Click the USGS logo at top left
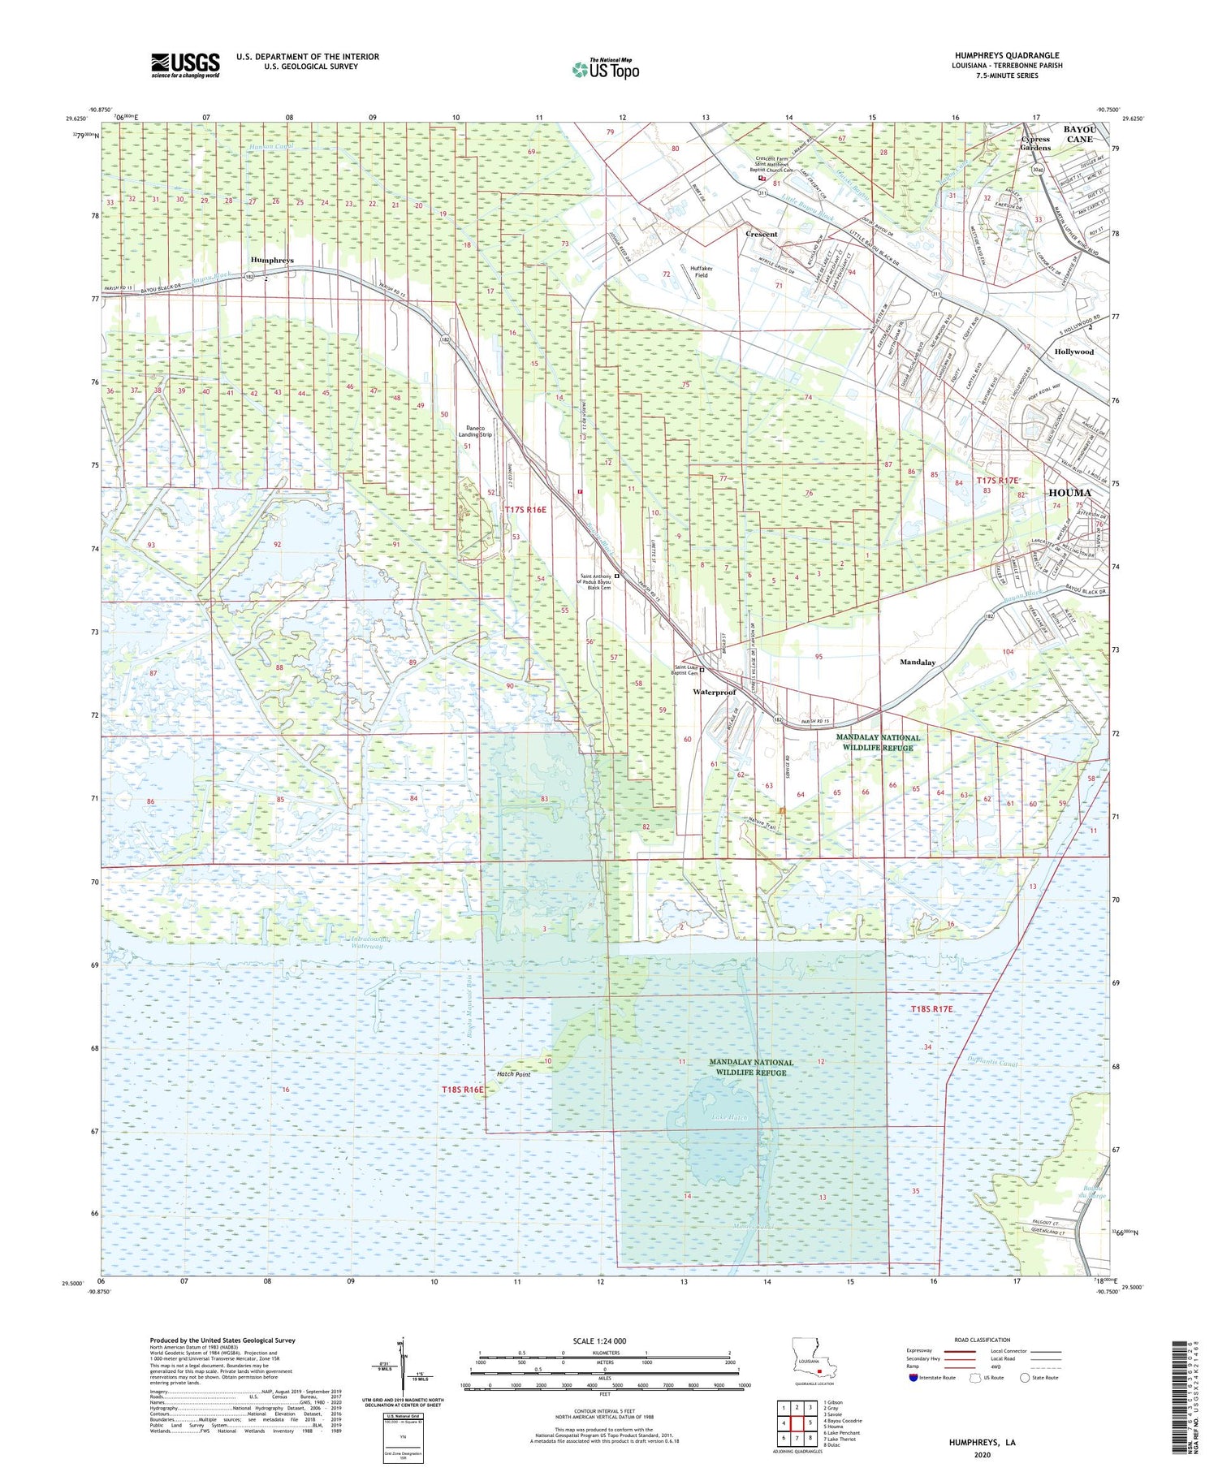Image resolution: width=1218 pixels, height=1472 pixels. point(185,65)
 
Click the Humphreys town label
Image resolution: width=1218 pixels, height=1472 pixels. point(272,260)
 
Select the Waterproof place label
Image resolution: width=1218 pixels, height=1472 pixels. point(714,692)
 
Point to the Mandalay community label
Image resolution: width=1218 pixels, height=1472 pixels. point(918,662)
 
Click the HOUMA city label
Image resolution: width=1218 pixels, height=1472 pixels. point(1069,493)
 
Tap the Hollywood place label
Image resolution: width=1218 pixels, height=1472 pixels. point(1073,352)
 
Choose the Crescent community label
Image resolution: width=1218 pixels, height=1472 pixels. point(761,234)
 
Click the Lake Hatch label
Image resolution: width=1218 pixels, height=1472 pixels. point(728,1117)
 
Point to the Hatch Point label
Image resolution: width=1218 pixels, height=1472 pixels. point(513,1074)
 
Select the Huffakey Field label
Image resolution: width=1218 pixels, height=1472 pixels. point(700,271)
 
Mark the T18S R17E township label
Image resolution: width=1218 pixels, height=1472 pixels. point(931,1008)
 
